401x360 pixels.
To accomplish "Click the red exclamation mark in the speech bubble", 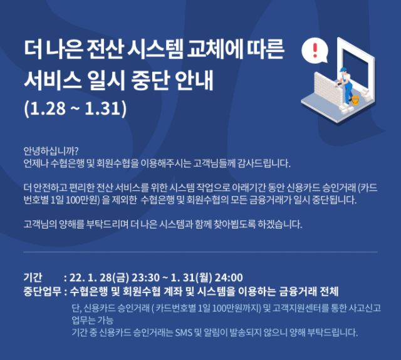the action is tap(315, 50).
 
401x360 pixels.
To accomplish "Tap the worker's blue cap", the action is tap(344, 69).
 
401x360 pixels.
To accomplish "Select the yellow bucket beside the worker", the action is tap(355, 100).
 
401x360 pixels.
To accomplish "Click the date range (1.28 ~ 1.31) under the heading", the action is tap(75, 108).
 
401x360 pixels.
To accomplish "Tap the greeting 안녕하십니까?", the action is tap(51, 151).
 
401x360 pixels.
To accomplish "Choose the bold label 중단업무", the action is tap(42, 291).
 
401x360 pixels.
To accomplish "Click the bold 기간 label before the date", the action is tap(33, 277).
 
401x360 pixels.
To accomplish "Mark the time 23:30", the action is tap(146, 278).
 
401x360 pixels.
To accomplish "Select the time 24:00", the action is tap(229, 278).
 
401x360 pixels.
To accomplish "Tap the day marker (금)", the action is tap(120, 278).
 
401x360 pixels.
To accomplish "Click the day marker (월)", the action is tap(204, 278).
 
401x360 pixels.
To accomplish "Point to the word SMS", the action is tap(184, 332).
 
